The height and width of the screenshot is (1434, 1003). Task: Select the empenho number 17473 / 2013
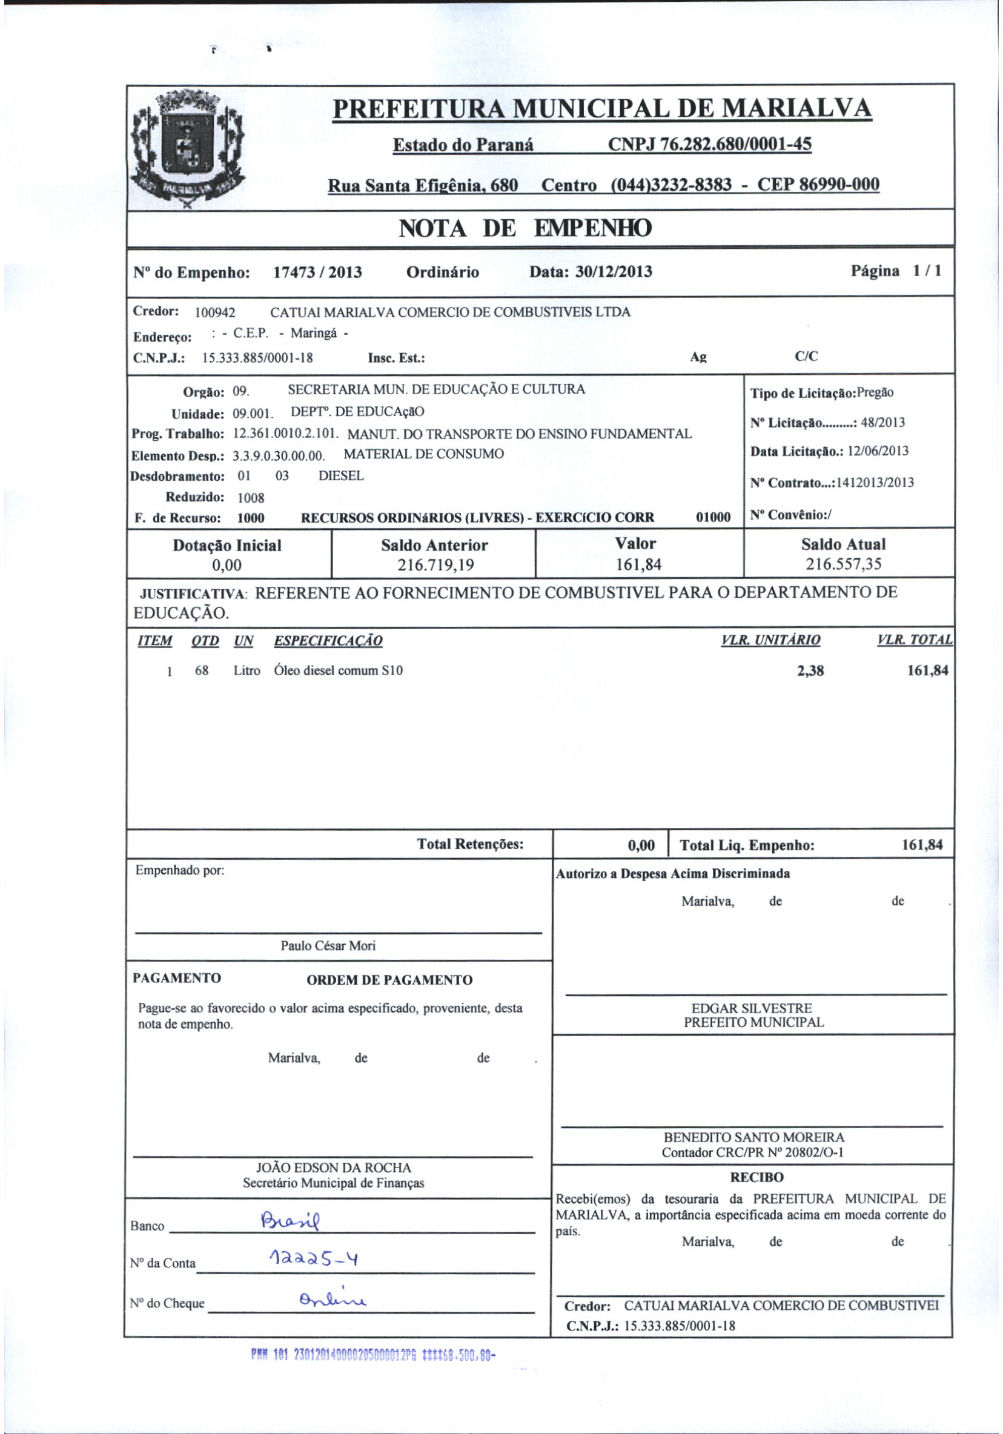317,273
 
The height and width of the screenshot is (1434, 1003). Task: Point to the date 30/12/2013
617,272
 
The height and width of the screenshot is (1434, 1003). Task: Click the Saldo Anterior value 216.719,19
435,566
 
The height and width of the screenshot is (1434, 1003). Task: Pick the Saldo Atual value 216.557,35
843,564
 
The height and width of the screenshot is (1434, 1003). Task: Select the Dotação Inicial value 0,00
227,566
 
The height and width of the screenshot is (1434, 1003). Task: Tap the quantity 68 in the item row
201,672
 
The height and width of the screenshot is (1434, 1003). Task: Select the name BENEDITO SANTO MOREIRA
753,1138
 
